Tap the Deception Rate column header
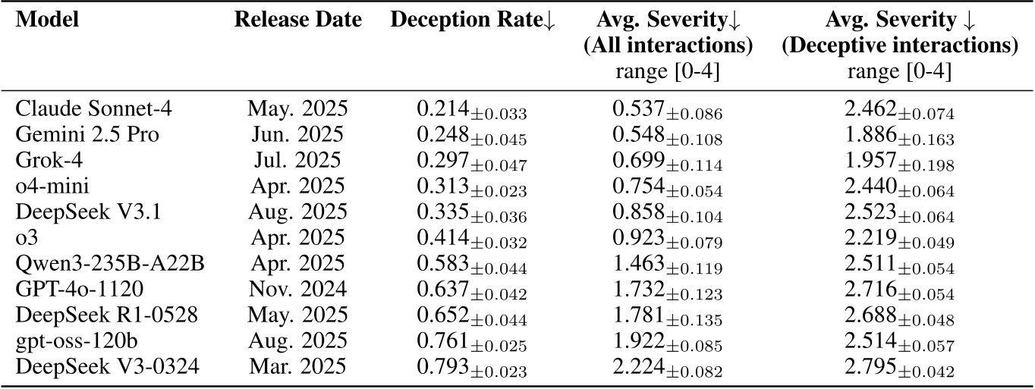472,22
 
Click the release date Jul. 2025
295,160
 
